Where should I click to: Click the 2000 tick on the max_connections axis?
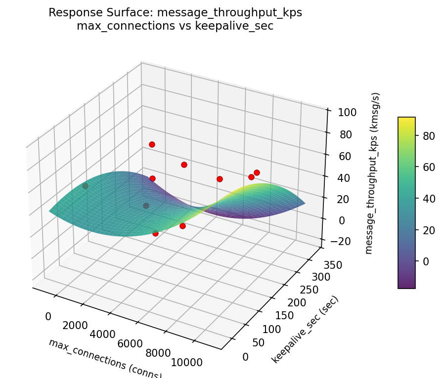tap(75, 325)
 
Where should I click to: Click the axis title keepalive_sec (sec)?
tap(305, 330)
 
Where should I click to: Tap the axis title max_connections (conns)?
tap(105, 359)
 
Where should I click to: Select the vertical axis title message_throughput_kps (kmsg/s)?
tap(376, 173)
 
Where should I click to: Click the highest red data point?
tap(152, 144)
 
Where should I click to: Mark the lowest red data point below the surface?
tap(155, 233)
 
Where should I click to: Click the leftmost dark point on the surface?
tap(85, 186)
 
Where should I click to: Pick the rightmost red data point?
tap(257, 172)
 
